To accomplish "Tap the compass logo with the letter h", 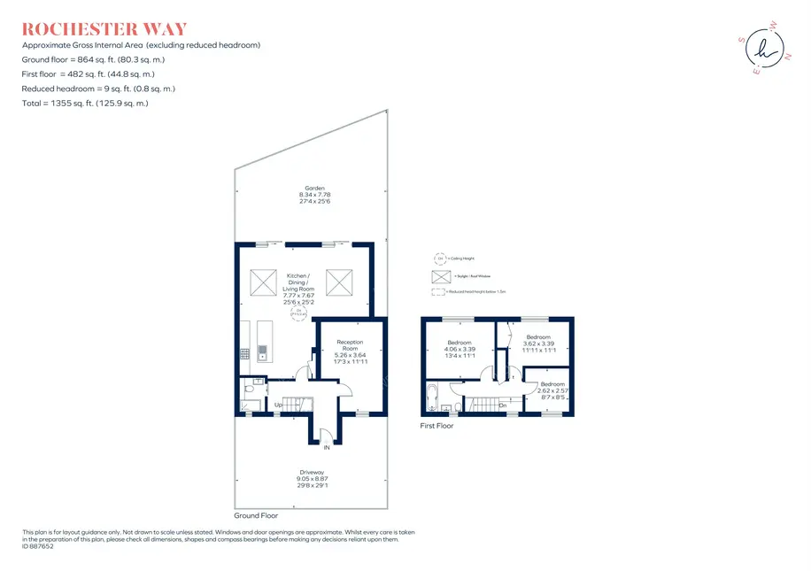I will tap(761, 50).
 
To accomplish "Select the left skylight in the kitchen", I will tap(264, 282).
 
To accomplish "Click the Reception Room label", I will tap(350, 346).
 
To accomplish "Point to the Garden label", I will tap(314, 188).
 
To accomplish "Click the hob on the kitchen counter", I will tap(244, 352).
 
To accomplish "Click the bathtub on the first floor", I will tap(431, 399).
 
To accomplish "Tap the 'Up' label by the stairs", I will tap(279, 406).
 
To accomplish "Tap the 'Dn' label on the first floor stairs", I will tap(502, 406).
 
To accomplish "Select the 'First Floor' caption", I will tap(436, 426).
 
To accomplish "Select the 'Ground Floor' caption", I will tap(256, 515).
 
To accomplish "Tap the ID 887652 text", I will tap(38, 546).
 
